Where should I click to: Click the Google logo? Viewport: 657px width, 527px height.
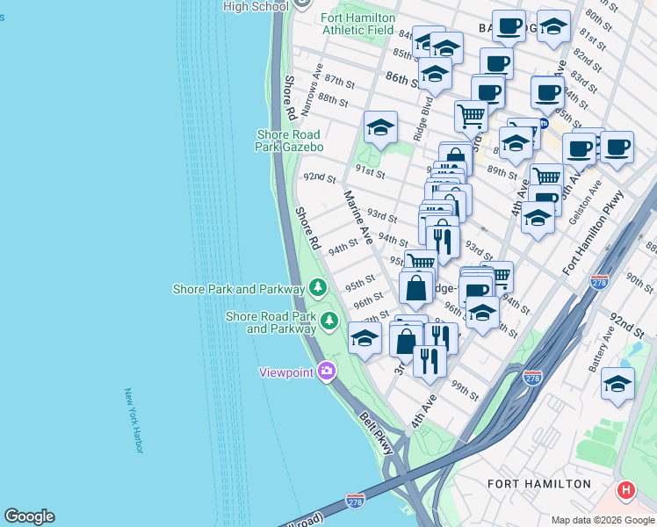click(29, 516)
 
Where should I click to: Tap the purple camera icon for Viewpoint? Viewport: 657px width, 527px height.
click(328, 372)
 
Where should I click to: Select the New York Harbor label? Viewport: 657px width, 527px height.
click(134, 422)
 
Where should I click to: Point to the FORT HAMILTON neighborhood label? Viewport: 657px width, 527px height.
click(538, 484)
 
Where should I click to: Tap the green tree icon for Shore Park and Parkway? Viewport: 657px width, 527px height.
click(317, 288)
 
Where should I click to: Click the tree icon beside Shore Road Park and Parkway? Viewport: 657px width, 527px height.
click(329, 321)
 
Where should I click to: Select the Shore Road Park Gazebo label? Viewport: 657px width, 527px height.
click(290, 141)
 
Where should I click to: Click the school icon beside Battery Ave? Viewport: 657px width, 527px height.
click(617, 383)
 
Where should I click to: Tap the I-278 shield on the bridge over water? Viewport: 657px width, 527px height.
click(355, 500)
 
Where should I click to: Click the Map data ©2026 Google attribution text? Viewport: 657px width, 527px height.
click(602, 520)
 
